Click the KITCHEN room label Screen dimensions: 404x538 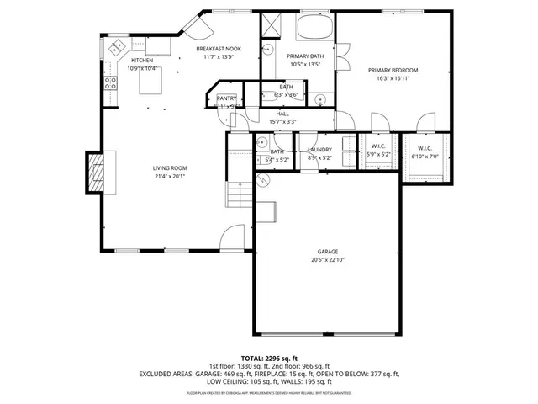click(141, 61)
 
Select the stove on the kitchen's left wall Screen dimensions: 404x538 click(109, 83)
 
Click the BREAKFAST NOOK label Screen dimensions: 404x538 click(219, 49)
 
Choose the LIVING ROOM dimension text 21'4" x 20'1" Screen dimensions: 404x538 click(169, 176)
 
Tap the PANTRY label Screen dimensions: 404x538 click(227, 98)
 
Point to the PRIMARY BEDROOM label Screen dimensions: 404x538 click(393, 70)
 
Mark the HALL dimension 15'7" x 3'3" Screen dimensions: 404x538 click(282, 121)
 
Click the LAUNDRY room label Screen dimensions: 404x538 click(320, 150)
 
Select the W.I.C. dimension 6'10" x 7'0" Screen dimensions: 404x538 click(424, 155)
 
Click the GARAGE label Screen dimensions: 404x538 click(327, 252)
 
